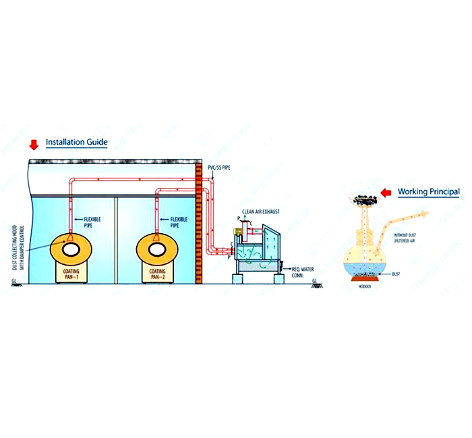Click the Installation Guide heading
tap(76, 143)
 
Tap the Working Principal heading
tap(428, 191)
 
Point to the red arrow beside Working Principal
tap(387, 193)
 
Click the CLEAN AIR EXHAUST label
tap(264, 212)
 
